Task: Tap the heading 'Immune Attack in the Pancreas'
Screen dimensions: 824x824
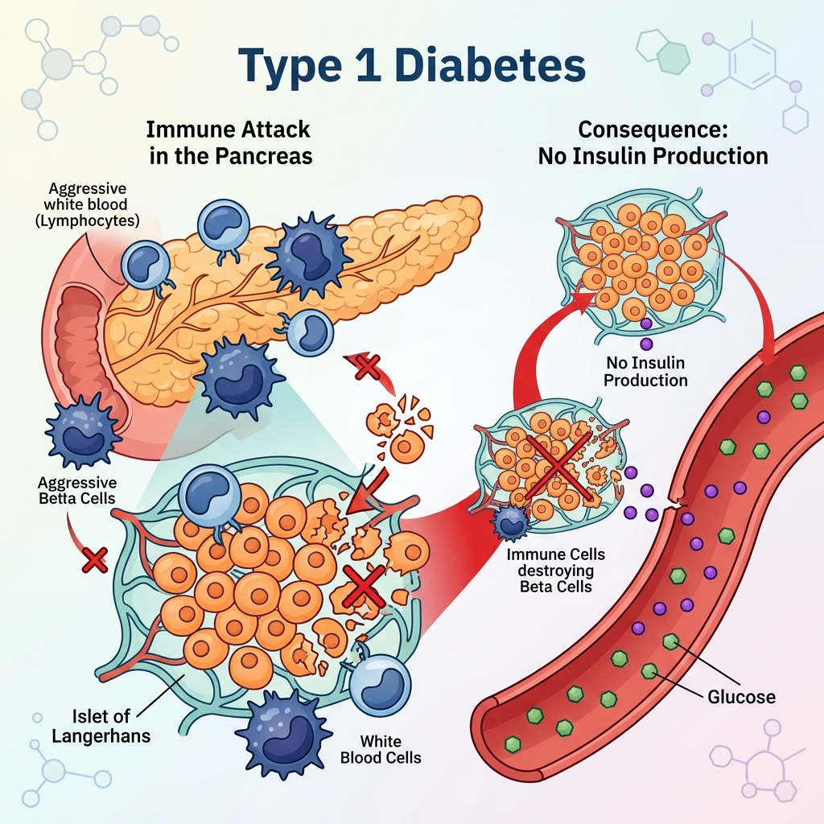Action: (x=230, y=143)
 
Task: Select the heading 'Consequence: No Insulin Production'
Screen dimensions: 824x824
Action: (x=653, y=143)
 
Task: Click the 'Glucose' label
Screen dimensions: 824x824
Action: (x=741, y=697)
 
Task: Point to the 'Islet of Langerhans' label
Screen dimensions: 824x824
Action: (x=101, y=726)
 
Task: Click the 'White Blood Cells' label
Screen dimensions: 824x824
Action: (x=381, y=749)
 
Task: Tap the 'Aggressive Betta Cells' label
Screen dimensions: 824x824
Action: (x=77, y=490)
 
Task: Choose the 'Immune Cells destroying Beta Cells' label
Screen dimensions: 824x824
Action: (x=555, y=571)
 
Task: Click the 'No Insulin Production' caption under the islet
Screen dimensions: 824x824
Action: (x=645, y=371)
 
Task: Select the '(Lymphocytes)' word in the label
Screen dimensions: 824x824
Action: (x=87, y=220)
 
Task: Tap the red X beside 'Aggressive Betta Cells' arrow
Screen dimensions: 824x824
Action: (x=95, y=560)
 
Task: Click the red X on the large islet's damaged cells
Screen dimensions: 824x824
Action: (x=363, y=586)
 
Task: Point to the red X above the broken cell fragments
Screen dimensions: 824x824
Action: (x=367, y=367)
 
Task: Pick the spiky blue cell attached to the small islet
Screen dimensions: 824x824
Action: (x=510, y=521)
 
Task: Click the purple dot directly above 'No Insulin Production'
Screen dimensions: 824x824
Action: (x=646, y=344)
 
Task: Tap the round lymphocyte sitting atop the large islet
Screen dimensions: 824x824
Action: (x=210, y=494)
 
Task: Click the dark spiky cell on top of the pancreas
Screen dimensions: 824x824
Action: (x=307, y=253)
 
